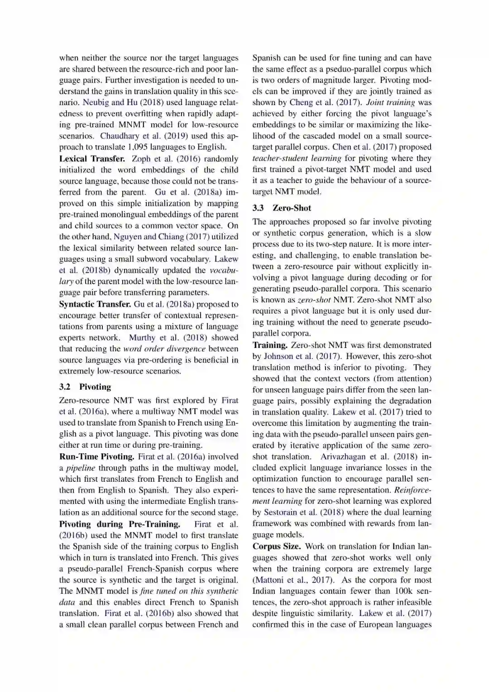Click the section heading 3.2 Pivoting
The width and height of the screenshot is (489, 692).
(x=85, y=387)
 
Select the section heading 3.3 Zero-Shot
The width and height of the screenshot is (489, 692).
(x=282, y=208)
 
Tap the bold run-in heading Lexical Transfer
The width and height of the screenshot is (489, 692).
(x=92, y=159)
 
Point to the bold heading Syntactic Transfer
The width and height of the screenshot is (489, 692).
(x=95, y=304)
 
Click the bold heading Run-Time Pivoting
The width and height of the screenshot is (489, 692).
(x=97, y=457)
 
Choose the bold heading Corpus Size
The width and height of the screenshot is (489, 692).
(x=276, y=547)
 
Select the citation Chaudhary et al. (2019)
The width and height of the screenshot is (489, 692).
(x=144, y=136)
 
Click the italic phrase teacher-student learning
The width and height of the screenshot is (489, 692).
(x=297, y=158)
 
